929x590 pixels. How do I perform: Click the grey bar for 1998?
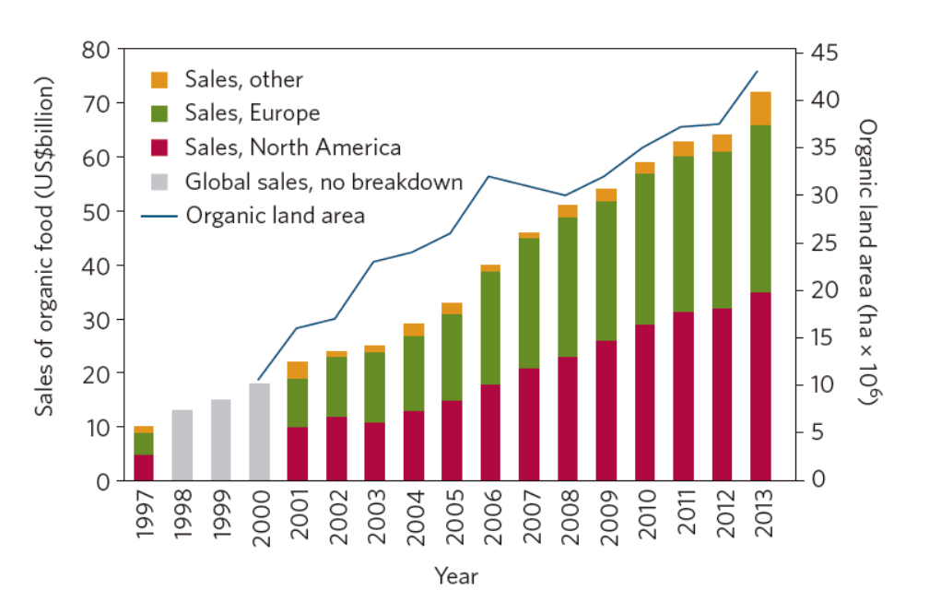tap(182, 445)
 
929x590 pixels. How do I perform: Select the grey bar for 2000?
tap(260, 432)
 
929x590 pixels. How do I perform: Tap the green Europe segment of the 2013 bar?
tap(760, 208)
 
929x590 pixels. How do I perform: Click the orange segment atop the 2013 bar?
tap(760, 109)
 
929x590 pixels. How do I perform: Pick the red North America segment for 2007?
tap(529, 424)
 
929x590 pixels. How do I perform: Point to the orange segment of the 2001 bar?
tap(298, 370)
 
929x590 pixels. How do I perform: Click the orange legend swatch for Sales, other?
tap(159, 80)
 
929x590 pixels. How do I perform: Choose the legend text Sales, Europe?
tap(252, 113)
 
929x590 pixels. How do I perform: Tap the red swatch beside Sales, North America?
tap(159, 147)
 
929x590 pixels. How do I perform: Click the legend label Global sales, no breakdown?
tap(323, 182)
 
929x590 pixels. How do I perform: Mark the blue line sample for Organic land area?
tap(159, 216)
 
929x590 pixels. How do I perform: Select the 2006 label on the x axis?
tap(490, 521)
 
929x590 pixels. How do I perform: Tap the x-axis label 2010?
tap(645, 521)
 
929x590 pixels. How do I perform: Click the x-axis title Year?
tap(456, 576)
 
